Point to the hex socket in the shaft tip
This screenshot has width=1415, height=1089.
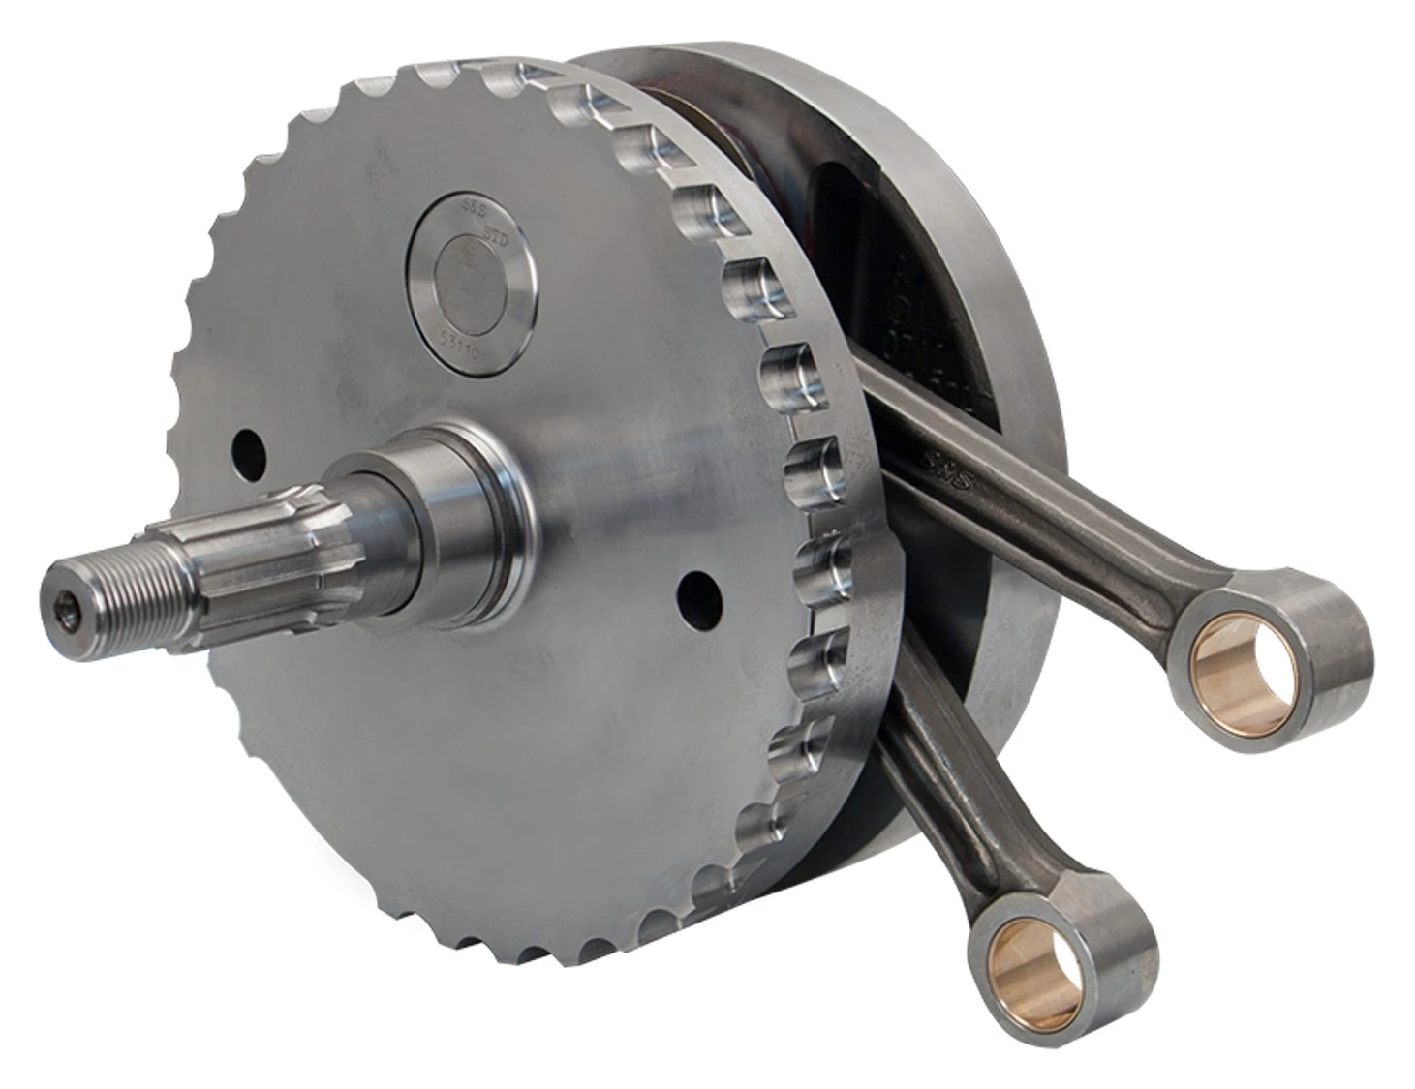click(65, 607)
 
